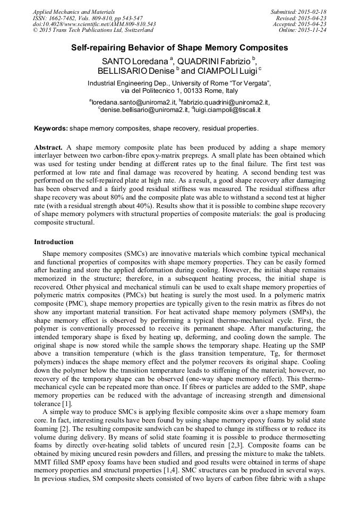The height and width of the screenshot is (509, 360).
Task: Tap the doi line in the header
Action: pos(94,24)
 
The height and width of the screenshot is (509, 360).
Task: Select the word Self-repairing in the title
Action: pos(98,48)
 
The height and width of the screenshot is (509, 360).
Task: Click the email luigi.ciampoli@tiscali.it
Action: pos(222,110)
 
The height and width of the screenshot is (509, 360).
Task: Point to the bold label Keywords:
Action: pos(51,128)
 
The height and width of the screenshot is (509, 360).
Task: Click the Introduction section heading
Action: pos(54,242)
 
